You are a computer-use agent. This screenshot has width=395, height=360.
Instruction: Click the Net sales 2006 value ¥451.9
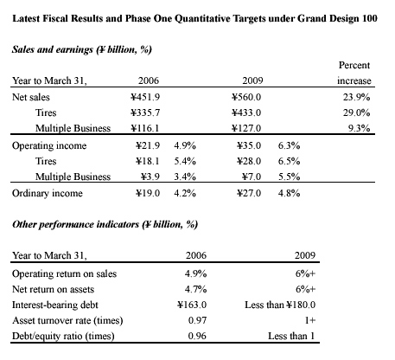pos(145,97)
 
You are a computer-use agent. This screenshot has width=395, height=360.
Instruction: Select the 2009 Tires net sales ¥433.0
pos(246,112)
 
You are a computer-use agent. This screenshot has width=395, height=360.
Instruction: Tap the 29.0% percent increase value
pos(356,112)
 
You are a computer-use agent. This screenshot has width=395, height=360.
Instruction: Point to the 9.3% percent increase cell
pos(359,128)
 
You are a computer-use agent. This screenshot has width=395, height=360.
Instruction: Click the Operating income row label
pos(49,145)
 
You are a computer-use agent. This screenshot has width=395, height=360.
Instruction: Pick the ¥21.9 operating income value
pos(148,145)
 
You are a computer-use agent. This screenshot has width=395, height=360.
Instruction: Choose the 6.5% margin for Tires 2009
pos(289,161)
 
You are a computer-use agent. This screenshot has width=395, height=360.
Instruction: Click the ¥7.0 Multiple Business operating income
pos(252,177)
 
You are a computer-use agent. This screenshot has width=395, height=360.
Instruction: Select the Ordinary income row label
pos(48,193)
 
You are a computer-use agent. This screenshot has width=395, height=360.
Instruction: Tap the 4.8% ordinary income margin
pos(289,193)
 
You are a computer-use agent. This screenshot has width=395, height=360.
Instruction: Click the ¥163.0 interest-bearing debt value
pos(192,305)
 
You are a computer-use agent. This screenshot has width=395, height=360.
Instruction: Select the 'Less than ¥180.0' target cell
pos(280,305)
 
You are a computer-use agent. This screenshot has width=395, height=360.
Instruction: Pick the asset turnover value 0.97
pos(197,320)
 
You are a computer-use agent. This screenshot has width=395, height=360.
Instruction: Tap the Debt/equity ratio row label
pos(63,337)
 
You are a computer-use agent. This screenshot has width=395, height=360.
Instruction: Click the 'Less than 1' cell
pos(291,336)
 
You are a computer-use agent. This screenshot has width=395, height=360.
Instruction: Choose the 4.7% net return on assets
pos(195,289)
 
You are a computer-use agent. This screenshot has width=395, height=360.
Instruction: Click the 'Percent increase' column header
pos(354,73)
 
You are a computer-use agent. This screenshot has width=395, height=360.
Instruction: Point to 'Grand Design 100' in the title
pos(337,19)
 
